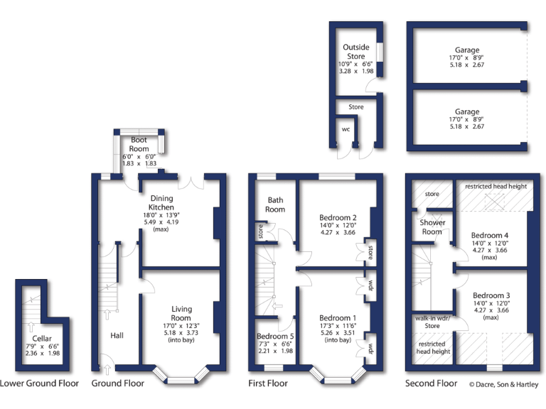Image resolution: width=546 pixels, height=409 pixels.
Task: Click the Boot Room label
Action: click(139, 145)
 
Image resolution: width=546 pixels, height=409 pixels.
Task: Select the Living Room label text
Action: click(181, 313)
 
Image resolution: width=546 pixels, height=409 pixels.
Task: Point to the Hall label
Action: click(117, 334)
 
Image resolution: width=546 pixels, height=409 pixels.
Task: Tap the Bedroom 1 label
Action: click(338, 317)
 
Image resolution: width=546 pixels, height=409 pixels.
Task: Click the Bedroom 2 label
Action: click(338, 218)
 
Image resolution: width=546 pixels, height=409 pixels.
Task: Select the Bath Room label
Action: click(275, 204)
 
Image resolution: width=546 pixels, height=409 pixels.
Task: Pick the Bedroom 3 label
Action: click(489, 295)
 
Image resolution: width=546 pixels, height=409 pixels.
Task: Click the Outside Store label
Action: click(355, 52)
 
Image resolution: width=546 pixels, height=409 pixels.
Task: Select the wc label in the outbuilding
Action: click(346, 129)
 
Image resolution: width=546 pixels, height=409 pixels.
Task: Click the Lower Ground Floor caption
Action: click(39, 383)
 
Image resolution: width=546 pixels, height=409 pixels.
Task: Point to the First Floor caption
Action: click(267, 383)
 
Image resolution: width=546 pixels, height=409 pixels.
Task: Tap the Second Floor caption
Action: click(432, 383)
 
